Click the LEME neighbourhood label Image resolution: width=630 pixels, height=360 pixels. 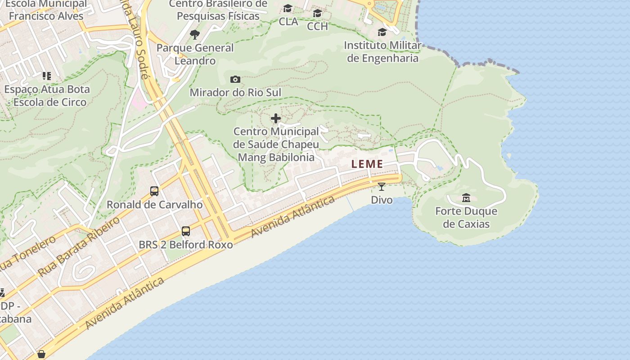click(367, 164)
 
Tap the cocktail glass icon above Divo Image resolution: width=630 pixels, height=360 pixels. click(382, 186)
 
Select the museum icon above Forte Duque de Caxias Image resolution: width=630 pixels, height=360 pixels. click(466, 198)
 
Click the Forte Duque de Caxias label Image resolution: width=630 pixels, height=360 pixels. click(466, 217)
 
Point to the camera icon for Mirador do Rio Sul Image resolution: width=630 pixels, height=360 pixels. click(235, 80)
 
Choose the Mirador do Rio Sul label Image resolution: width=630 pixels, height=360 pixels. click(235, 93)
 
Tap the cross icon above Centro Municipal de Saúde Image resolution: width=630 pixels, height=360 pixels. click(276, 118)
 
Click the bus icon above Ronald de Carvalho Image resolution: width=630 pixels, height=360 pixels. click(154, 191)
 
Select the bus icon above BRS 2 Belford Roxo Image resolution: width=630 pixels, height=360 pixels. click(185, 231)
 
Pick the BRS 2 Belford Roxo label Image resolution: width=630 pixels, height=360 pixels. click(186, 245)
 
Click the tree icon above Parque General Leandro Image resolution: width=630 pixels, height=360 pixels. click(194, 34)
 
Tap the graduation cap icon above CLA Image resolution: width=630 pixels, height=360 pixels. click(288, 9)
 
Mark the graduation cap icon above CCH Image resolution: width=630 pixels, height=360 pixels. click(317, 13)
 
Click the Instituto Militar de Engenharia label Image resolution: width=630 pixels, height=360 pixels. click(382, 52)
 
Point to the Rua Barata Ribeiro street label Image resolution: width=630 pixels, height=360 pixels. click(79, 247)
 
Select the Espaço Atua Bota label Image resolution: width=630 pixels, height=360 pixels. click(47, 95)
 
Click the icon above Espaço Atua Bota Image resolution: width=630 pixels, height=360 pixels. click(47, 76)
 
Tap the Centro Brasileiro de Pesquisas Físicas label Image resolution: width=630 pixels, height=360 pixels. click(218, 10)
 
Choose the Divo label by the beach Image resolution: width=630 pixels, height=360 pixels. click(382, 199)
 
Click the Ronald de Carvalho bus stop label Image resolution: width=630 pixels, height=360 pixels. click(154, 205)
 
